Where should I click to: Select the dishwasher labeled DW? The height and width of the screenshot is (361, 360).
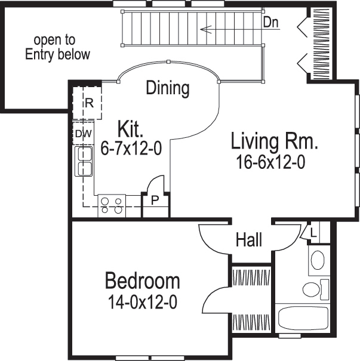[83, 134]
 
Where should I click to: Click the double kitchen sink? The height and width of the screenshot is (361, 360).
[84, 161]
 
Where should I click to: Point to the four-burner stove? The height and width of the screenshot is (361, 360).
[112, 205]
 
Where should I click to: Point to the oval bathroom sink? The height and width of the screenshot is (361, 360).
[317, 260]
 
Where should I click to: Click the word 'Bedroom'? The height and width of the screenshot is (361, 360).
[143, 280]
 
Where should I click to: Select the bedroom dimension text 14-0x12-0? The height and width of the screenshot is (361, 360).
[142, 303]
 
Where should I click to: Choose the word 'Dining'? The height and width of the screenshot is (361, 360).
[168, 88]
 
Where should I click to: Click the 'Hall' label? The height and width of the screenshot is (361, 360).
[249, 240]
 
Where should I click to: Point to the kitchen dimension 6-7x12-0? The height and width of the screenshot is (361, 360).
[131, 150]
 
